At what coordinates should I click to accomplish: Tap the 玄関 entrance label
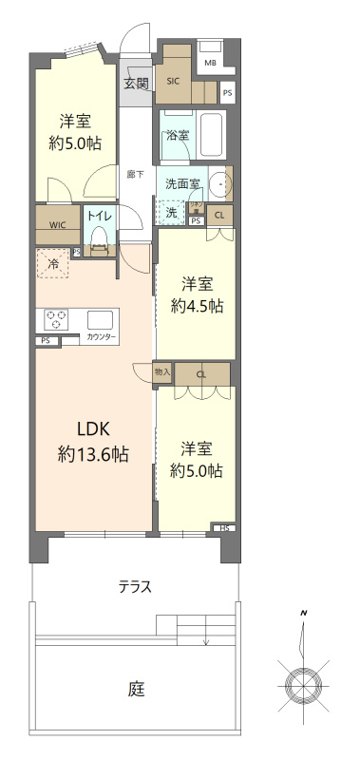[x=136, y=84]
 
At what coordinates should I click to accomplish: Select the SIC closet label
[x=173, y=81]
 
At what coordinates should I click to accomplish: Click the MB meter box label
[x=210, y=64]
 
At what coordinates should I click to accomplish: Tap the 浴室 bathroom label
[x=177, y=135]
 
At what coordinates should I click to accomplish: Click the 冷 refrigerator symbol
[x=53, y=264]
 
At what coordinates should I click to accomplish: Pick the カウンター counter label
[x=102, y=337]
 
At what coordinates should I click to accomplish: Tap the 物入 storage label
[x=162, y=372]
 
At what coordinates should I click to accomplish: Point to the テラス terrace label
[x=135, y=586]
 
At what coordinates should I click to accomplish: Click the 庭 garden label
[x=137, y=689]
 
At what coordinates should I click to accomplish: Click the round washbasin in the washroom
[x=220, y=182]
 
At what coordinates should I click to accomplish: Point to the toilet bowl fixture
[x=99, y=245]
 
